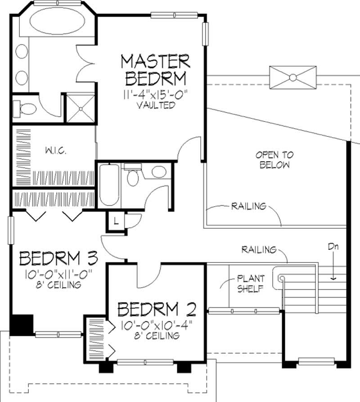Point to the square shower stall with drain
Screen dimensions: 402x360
click(80, 108)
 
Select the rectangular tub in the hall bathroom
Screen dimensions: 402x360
click(108, 185)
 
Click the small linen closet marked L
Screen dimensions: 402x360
click(116, 221)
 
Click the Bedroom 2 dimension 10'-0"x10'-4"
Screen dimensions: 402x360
click(156, 325)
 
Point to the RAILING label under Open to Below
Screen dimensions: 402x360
click(248, 207)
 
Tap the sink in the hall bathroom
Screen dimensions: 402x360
click(158, 172)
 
